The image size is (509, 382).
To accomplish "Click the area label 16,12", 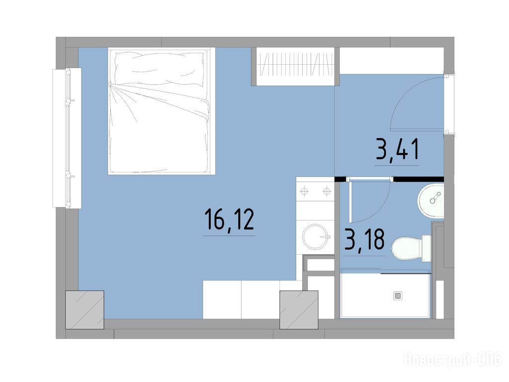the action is click(229, 219).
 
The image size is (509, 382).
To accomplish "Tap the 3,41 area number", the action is click(397, 149).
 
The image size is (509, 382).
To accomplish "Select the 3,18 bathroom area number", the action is click(364, 239).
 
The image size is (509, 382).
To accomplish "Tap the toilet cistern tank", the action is click(426, 249).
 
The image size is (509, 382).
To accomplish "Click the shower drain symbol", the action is click(398, 296).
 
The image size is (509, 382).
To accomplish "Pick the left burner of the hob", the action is click(304, 191).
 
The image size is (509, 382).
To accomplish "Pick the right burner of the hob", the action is click(327, 191).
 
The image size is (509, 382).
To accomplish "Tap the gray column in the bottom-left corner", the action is click(85, 310).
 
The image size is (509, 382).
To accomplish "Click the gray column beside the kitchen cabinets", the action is click(299, 310).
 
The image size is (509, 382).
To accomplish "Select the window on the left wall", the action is click(67, 138).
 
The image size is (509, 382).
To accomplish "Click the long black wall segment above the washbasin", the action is click(419, 179).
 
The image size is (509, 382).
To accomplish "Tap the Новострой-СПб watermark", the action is click(452, 360).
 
